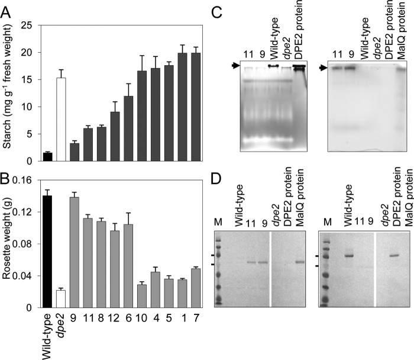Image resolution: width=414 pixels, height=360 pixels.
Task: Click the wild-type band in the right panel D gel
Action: point(350,256)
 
